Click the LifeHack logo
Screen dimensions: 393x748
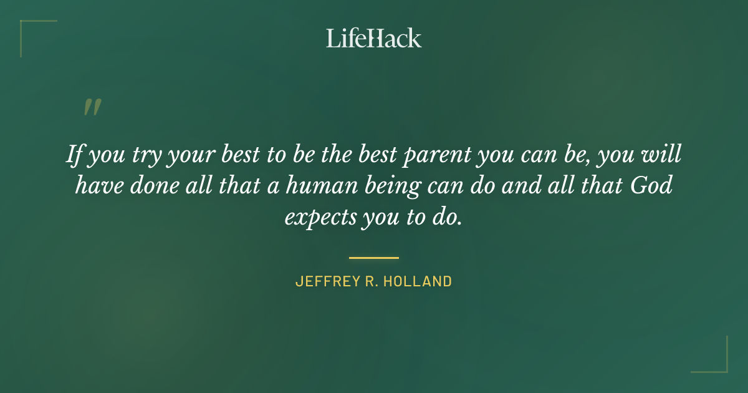[x=374, y=38]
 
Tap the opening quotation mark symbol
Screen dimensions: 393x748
[x=92, y=107]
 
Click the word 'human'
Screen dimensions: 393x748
[x=316, y=186]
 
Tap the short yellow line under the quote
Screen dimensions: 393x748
[x=374, y=257]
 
